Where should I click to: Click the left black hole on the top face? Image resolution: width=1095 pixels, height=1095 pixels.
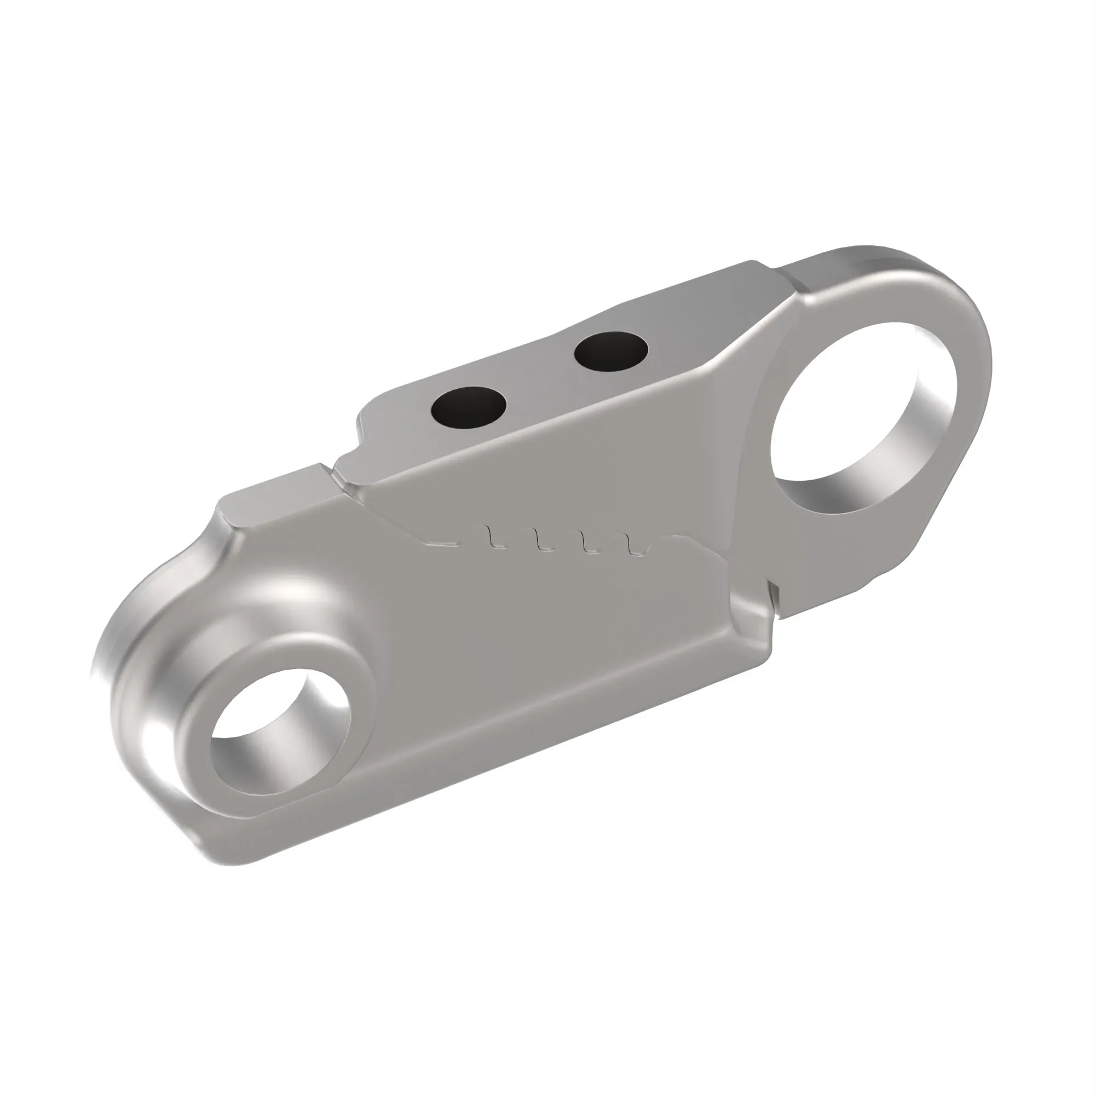click(469, 407)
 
